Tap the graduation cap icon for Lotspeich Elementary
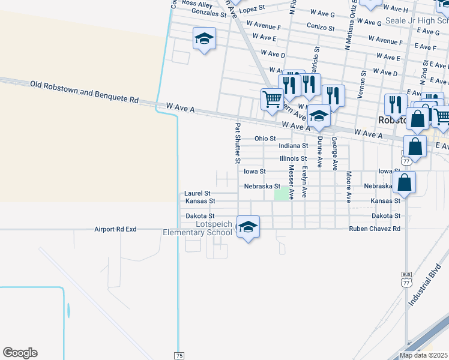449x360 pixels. pyautogui.click(x=247, y=227)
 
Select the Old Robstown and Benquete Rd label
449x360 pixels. pyautogui.click(x=85, y=92)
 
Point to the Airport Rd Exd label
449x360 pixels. pyautogui.click(x=116, y=229)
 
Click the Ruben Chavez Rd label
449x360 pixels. pyautogui.click(x=375, y=229)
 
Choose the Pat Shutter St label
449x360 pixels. pyautogui.click(x=238, y=143)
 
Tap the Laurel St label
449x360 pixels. pyautogui.click(x=197, y=193)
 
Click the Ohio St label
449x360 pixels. pyautogui.click(x=265, y=138)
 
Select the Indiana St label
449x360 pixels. pyautogui.click(x=294, y=145)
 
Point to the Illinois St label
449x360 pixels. pyautogui.click(x=294, y=158)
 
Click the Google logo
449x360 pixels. pyautogui.click(x=20, y=353)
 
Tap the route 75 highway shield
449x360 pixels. pyautogui.click(x=179, y=356)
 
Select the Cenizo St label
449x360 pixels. pyautogui.click(x=320, y=27)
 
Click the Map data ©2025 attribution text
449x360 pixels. pyautogui.click(x=423, y=355)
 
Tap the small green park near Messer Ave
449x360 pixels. pyautogui.click(x=281, y=194)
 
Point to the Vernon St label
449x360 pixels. pyautogui.click(x=363, y=81)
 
